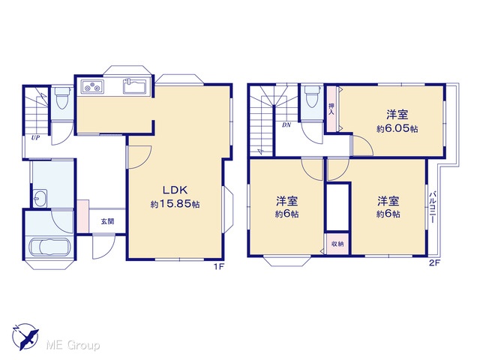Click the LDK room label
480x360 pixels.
(x=175, y=190)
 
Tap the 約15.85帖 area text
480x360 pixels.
(x=175, y=204)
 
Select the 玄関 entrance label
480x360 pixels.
(x=107, y=221)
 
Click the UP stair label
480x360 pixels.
(x=35, y=138)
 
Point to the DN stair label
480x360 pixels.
(x=286, y=125)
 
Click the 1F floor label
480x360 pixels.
(x=219, y=267)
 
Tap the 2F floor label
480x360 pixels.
(x=434, y=262)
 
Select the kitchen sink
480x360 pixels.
(x=135, y=86)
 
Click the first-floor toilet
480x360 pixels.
(x=62, y=97)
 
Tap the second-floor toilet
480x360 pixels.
(x=312, y=96)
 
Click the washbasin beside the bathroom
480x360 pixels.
(x=40, y=198)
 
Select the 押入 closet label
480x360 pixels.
(x=331, y=109)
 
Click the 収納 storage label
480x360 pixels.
(x=337, y=244)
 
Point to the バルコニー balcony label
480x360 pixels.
(x=433, y=207)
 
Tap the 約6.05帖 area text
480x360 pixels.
(x=397, y=128)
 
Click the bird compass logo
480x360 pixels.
(x=25, y=336)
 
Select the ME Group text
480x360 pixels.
(x=73, y=345)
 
